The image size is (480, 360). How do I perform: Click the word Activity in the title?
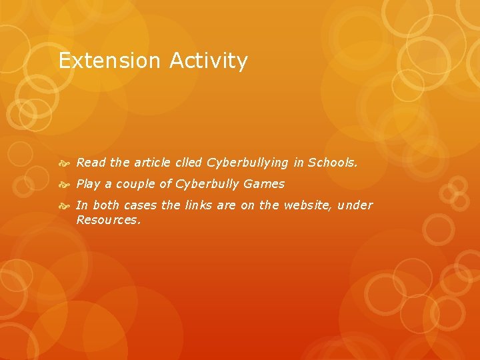[x=209, y=61]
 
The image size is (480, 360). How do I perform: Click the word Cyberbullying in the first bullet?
[x=247, y=163]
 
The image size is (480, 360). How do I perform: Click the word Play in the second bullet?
[x=89, y=184]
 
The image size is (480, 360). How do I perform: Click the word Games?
[x=264, y=183]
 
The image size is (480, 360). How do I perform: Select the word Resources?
[x=108, y=219]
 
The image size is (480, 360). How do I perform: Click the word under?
[x=355, y=205]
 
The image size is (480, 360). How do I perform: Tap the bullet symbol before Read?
[x=64, y=163]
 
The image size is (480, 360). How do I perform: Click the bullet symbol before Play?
[x=64, y=184]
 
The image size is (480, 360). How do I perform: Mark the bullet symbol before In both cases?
[x=64, y=205]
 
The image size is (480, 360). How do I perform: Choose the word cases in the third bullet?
[x=140, y=205]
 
